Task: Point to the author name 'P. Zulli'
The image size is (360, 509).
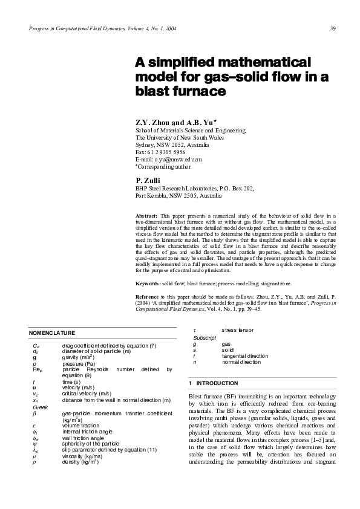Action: pyautogui.click(x=147, y=180)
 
